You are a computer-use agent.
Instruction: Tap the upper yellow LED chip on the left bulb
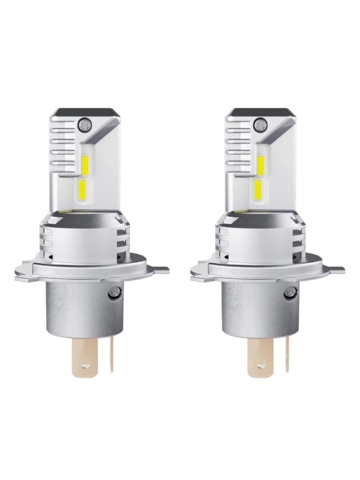(85, 164)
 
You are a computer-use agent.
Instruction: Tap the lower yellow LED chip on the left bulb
(83, 189)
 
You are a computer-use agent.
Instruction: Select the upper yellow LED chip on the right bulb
(260, 165)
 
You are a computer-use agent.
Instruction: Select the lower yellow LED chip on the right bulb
(258, 189)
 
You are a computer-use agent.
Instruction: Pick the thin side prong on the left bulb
(111, 354)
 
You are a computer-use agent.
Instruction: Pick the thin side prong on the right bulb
(286, 354)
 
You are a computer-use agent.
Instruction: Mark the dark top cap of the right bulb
(260, 112)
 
